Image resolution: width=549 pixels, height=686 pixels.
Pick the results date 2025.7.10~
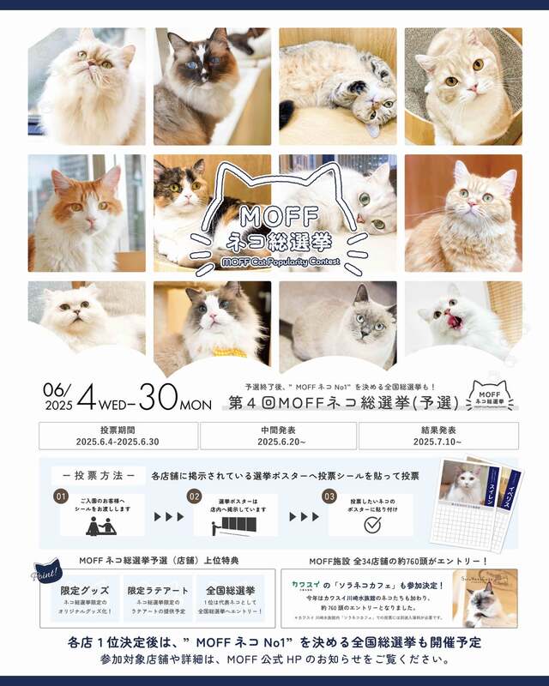(x=437, y=442)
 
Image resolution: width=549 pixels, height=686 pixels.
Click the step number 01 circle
(x=60, y=496)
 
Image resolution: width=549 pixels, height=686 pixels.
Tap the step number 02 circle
(x=195, y=496)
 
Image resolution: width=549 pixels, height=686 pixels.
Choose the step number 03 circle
(x=329, y=496)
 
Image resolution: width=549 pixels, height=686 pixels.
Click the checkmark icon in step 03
(x=371, y=524)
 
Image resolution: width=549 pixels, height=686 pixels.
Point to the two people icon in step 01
(x=101, y=524)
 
